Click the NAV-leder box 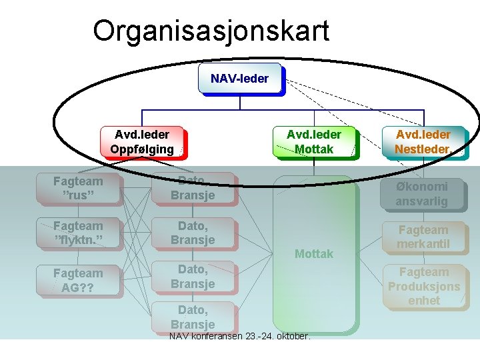(240, 79)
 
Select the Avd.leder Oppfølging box (141, 142)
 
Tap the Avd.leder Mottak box (313, 142)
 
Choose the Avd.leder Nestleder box (422, 142)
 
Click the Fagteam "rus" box (78, 188)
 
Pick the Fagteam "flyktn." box (78, 232)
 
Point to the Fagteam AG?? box (78, 280)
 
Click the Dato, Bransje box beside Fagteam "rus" (192, 188)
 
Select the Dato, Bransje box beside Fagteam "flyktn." (192, 232)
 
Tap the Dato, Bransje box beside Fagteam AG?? (192, 277)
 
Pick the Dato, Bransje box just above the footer (192, 317)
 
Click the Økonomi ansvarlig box (422, 194)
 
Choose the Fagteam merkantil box (423, 237)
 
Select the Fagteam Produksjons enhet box (424, 286)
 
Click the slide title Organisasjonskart (211, 31)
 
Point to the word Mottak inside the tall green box (313, 254)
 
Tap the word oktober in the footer (291, 336)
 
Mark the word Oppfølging (141, 149)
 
